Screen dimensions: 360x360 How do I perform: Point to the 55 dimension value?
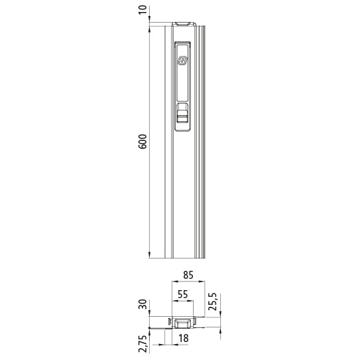[182, 293]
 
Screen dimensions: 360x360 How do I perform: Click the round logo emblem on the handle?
[183, 61]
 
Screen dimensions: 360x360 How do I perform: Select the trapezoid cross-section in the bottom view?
[182, 323]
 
